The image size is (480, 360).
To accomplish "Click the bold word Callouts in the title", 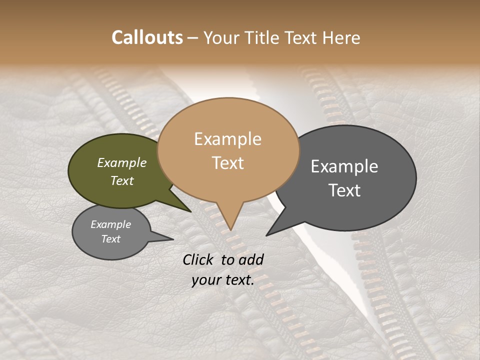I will coord(147,37).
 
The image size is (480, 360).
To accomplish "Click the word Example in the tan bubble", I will coord(227,139).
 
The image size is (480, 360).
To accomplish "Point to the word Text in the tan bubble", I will coord(227,163).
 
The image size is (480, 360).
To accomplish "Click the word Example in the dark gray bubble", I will coord(344,166).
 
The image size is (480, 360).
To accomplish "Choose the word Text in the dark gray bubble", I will coord(344,190).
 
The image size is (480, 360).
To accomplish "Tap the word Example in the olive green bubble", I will coord(122,163).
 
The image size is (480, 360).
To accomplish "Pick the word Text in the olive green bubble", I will coord(122,180).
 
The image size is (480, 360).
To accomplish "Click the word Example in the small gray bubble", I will coord(111,224).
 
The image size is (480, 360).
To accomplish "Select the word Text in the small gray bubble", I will coord(111,239).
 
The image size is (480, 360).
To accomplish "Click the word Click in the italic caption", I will coord(199,259).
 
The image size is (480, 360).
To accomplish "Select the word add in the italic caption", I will coord(251,259).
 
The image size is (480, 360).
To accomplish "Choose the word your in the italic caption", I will coord(205,280).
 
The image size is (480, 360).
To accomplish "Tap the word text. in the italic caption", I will coord(238,280).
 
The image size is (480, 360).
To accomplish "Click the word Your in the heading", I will coord(220,37).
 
